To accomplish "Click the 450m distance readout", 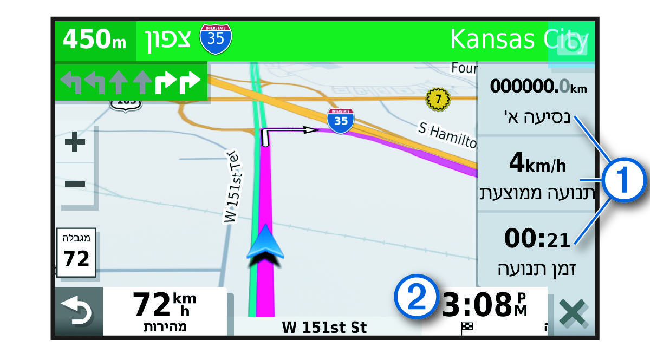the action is (x=95, y=41).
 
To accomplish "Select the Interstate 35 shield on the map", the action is (x=340, y=121).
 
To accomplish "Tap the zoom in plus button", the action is (x=75, y=143).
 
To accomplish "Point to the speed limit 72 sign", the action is (x=76, y=253).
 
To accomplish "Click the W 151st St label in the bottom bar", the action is (x=324, y=327).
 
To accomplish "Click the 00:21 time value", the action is (x=537, y=238).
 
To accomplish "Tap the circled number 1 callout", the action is (x=625, y=180).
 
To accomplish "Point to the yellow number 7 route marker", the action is (x=438, y=98).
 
